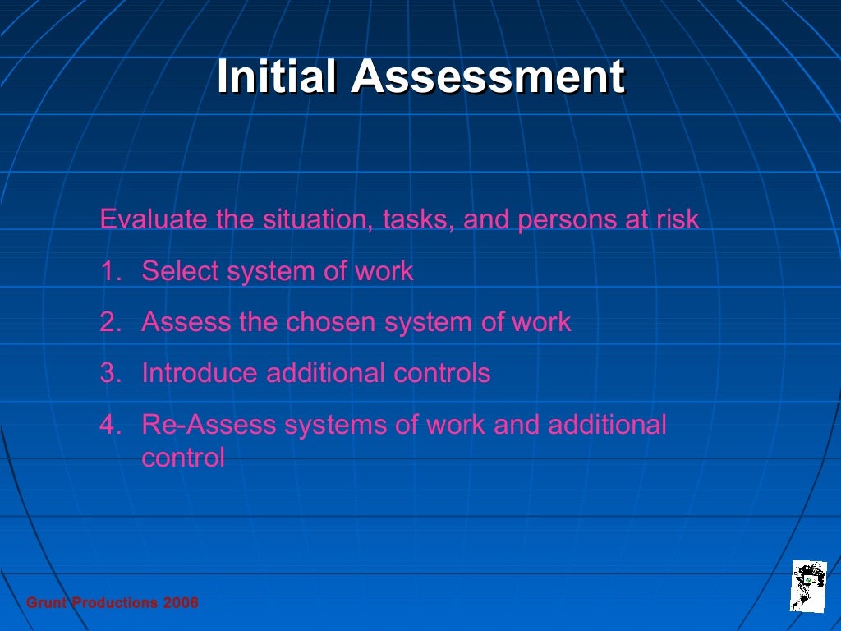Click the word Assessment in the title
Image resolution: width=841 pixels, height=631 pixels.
(x=488, y=78)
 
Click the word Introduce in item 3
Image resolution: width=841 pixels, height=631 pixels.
(x=200, y=373)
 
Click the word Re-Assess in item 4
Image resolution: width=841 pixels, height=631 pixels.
(x=209, y=425)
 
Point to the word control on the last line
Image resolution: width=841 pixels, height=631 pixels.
(x=183, y=458)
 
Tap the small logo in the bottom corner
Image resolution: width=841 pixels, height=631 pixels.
(x=808, y=585)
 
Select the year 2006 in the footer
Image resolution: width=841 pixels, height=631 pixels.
(x=181, y=603)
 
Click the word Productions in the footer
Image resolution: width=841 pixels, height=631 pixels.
(x=115, y=603)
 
